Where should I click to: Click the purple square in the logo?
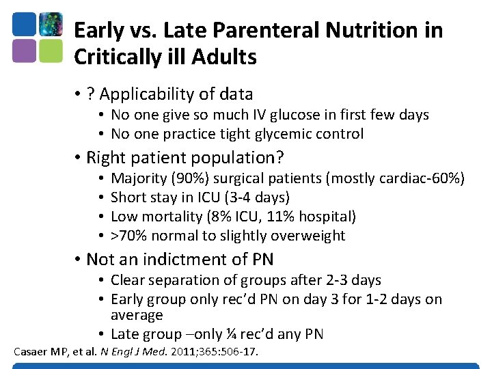tap(24, 51)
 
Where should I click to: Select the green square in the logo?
tap(51, 51)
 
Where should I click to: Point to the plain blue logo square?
tap(24, 25)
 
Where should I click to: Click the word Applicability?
tap(146, 94)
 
